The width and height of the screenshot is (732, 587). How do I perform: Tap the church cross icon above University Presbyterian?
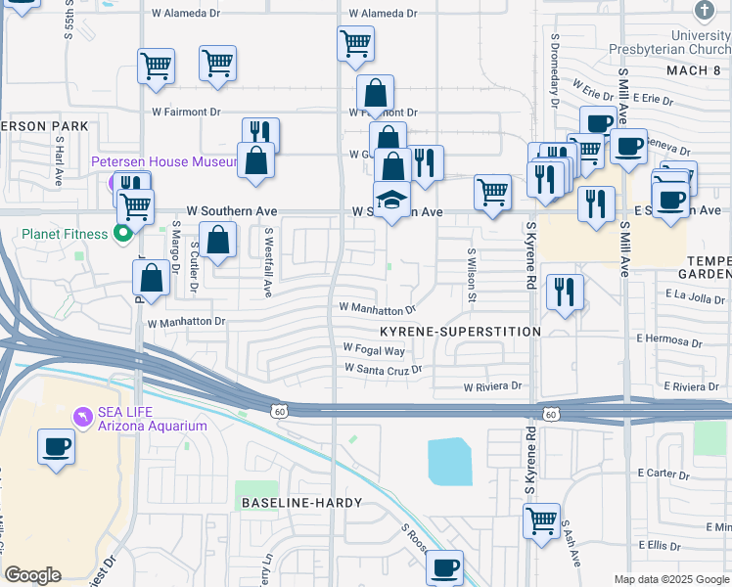[x=704, y=11]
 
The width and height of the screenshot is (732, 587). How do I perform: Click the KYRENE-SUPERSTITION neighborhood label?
[x=460, y=333]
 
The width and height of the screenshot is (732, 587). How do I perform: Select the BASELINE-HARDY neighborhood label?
[x=302, y=503]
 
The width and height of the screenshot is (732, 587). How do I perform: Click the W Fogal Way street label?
[x=374, y=349]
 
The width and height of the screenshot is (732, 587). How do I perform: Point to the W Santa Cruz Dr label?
[x=382, y=369]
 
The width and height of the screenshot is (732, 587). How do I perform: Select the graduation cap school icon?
[x=392, y=200]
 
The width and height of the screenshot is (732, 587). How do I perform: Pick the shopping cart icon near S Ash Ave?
[x=541, y=520]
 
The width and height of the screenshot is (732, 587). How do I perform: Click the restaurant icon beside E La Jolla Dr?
[x=565, y=292]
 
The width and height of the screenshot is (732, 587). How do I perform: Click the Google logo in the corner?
[x=32, y=575]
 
